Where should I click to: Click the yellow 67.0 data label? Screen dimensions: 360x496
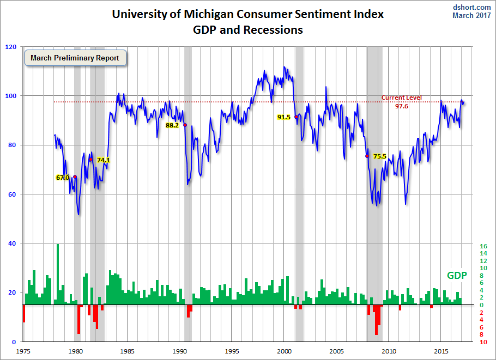pos(63,178)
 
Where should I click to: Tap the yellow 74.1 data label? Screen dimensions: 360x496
pos(104,160)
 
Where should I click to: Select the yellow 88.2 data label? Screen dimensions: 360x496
pos(172,125)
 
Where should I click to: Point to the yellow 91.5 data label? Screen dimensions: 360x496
pos(284,117)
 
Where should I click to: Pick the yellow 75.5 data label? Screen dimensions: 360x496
pos(379,156)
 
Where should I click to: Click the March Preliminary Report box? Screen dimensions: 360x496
pos(75,58)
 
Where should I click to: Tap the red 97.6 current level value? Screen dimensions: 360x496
pos(402,106)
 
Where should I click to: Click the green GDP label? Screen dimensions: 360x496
pos(457,276)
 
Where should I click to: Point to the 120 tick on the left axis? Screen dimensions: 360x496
pos(10,47)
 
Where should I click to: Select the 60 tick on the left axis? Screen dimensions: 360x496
pos(12,194)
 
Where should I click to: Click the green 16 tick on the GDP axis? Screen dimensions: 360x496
pos(483,246)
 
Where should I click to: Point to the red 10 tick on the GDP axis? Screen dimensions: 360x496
pos(483,342)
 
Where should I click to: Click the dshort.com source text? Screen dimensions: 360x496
pos(472,7)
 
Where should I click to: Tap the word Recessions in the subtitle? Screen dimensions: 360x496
pos(274,30)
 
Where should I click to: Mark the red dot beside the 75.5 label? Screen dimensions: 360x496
pos(367,156)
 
